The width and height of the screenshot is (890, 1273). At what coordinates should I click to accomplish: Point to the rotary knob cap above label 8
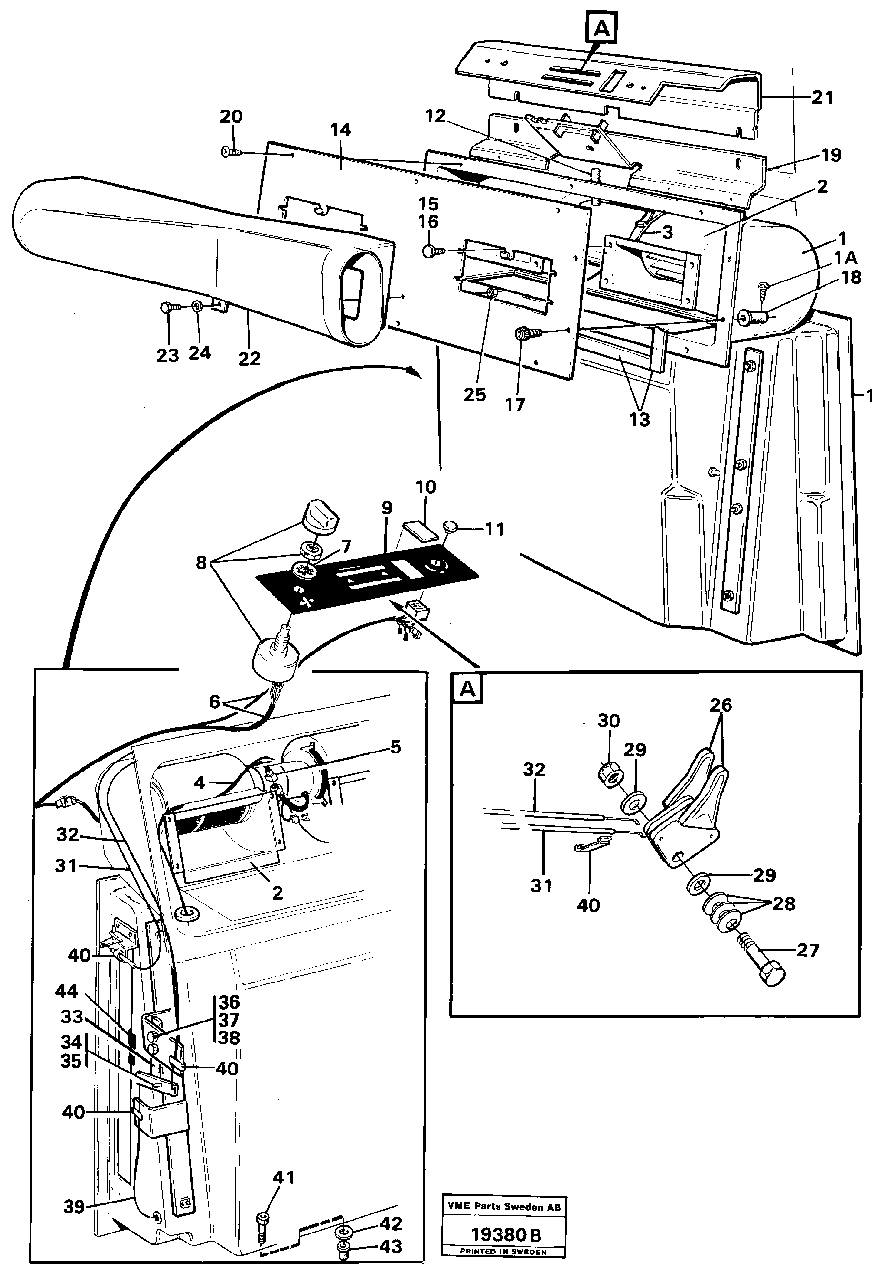point(321,517)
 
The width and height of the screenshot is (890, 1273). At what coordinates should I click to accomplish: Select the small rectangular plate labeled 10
point(417,531)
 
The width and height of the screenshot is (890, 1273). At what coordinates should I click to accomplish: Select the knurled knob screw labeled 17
point(522,334)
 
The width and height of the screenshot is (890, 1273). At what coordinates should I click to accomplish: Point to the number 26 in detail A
point(721,705)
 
